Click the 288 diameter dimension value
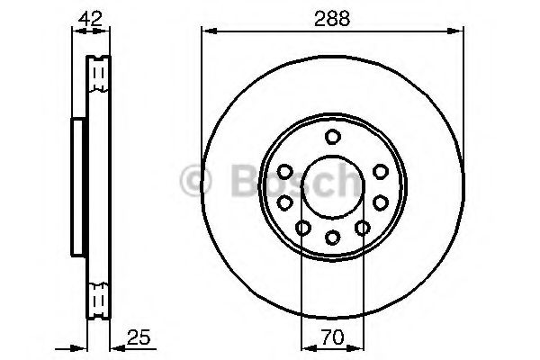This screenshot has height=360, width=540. [331, 16]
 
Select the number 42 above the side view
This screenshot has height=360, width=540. [89, 16]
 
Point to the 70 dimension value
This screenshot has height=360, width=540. [331, 339]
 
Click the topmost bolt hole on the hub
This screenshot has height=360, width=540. [332, 137]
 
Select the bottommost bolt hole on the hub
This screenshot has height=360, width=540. [332, 237]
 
